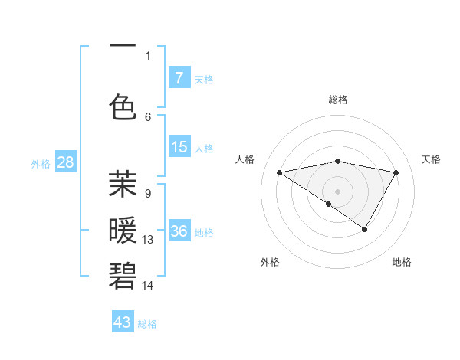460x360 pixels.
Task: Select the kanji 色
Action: tap(123, 105)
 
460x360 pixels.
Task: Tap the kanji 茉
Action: tap(123, 184)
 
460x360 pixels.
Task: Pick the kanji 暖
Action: tap(123, 230)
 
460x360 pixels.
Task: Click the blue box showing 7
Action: tap(179, 78)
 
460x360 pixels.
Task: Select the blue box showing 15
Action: tap(179, 147)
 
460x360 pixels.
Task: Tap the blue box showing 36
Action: tap(179, 231)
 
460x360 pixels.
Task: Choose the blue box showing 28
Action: tap(64, 162)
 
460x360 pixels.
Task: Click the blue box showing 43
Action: tap(122, 322)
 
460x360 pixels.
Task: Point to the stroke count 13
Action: tap(148, 240)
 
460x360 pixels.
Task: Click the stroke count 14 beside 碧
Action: tap(148, 286)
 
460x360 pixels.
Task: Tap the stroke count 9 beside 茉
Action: tap(147, 194)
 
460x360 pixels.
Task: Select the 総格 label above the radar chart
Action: tap(337, 100)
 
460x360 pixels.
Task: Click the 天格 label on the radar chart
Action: tap(431, 159)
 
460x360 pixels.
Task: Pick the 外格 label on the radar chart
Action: tap(269, 262)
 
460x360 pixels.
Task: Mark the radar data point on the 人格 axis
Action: tap(280, 172)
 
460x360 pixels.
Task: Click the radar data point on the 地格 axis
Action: tap(365, 229)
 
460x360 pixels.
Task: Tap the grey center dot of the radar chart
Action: tap(337, 191)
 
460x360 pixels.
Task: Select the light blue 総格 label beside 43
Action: tap(147, 324)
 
